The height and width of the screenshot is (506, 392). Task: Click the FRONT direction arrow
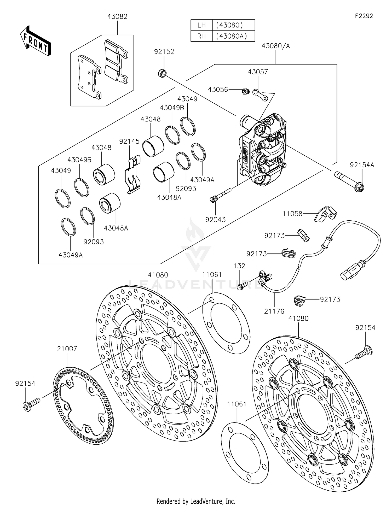tap(35, 41)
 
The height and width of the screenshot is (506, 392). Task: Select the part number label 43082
tap(117, 17)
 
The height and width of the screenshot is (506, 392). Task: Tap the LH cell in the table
tap(201, 25)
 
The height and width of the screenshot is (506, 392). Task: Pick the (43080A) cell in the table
tap(232, 36)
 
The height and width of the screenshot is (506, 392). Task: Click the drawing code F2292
tap(364, 16)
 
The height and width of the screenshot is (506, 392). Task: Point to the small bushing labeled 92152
tap(162, 73)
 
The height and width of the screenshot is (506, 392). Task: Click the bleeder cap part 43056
tap(245, 92)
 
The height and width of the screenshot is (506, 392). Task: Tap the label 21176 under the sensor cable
tap(274, 311)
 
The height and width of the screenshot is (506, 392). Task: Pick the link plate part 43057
tap(260, 95)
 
